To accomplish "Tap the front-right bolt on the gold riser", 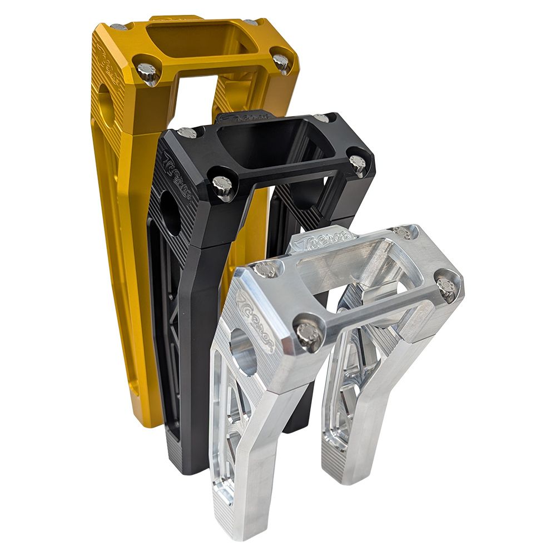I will point(281,62).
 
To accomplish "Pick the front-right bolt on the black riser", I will point(357,163).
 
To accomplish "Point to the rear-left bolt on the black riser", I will point(187,132).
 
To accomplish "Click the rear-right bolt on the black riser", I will point(321,118).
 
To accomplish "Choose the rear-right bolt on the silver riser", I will point(401,232).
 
